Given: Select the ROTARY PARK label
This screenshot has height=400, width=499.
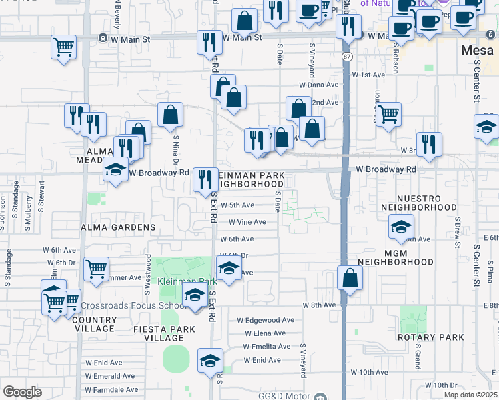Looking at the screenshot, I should [438, 337].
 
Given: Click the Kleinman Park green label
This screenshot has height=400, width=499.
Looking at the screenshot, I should [179, 282].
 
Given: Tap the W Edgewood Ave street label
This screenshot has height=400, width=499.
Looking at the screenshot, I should [266, 320].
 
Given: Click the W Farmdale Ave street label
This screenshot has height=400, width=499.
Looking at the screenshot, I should [111, 389].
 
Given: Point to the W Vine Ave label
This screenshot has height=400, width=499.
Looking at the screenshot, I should [247, 222].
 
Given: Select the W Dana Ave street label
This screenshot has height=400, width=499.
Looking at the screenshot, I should [319, 85].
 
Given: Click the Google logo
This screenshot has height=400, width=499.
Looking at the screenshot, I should [22, 392].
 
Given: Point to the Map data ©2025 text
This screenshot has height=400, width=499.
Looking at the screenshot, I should [470, 395].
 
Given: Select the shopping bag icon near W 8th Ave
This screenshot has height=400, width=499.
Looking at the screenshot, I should [350, 277].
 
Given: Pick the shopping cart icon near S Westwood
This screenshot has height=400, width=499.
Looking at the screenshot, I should [97, 269].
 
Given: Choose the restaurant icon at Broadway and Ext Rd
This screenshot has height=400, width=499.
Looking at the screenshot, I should [205, 179].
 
